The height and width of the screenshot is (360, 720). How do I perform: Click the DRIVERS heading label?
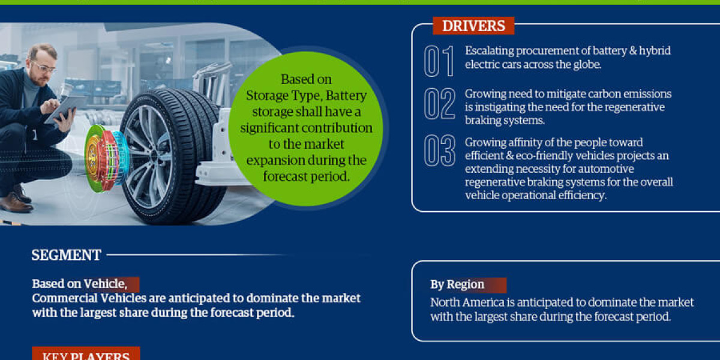tap(473, 26)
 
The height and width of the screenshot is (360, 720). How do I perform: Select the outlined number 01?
tap(439, 61)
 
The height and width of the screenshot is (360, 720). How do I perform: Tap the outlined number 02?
tap(439, 104)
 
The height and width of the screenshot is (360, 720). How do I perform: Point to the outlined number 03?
tap(439, 151)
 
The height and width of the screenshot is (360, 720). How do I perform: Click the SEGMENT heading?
tap(67, 255)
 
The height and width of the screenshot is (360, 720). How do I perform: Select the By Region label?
tap(457, 285)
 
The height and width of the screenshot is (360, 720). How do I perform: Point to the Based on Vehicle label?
tap(79, 284)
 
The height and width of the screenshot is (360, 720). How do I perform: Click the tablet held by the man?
tap(64, 109)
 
